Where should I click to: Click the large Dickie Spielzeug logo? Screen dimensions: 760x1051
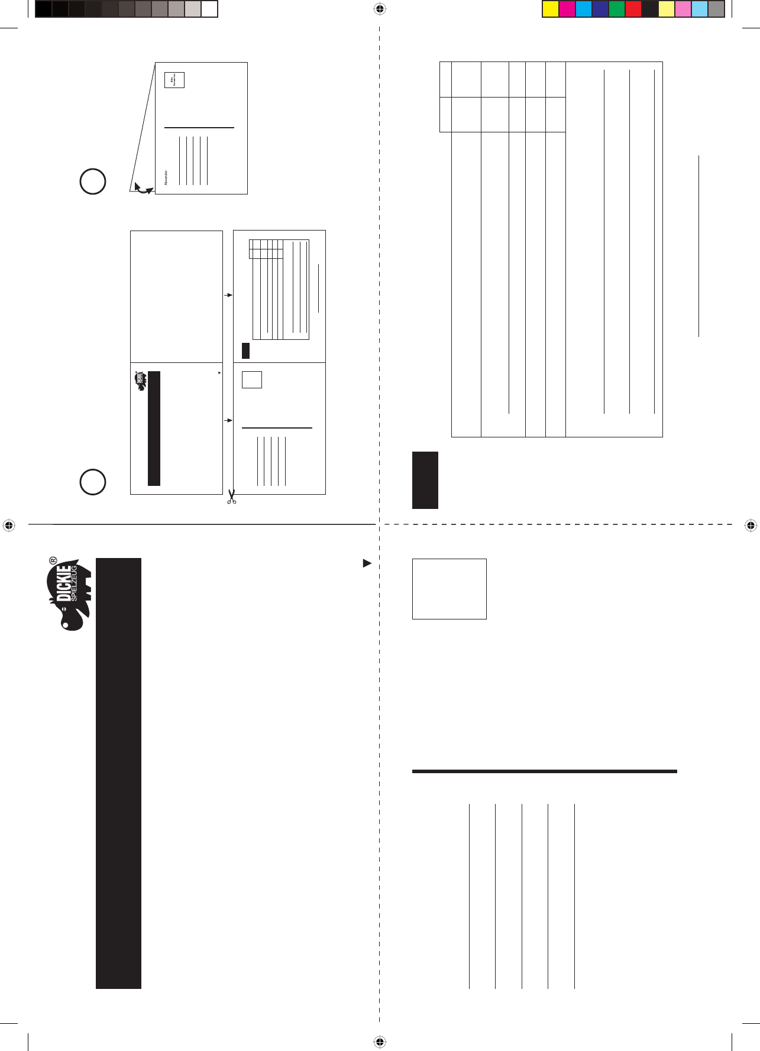pos(70,593)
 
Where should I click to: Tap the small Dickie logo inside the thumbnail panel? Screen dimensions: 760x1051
pos(140,381)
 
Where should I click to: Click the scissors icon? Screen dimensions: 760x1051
pos(231,497)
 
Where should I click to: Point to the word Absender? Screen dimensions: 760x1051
pos(166,178)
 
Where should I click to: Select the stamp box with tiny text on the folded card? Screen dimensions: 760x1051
pos(174,80)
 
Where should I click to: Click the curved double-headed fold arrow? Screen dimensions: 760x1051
pos(143,189)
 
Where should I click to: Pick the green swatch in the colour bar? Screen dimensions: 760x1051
pos(616,9)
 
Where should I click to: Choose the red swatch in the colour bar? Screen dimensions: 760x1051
pos(633,9)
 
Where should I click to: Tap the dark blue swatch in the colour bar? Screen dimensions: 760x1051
pos(600,9)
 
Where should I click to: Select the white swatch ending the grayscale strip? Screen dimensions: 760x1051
pos(209,9)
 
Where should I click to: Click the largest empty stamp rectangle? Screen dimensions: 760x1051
pos(449,589)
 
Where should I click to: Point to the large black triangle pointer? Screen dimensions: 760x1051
pos(367,563)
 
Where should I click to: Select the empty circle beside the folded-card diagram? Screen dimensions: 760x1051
pos(93,181)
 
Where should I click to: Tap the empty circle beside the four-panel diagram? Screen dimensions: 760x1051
pos(93,481)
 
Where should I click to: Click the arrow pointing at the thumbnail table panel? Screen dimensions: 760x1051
pos(228,295)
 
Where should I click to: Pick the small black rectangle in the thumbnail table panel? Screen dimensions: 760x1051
pos(245,351)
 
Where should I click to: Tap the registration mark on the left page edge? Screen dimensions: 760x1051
pos(8,525)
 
